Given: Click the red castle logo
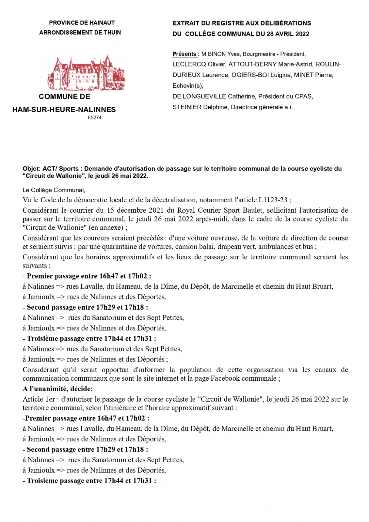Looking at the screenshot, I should point(86,73).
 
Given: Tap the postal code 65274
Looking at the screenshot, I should point(94,117).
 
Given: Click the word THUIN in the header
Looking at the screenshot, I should point(112,33).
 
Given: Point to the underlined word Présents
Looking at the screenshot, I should point(184,54).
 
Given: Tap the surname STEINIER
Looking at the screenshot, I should point(187,107).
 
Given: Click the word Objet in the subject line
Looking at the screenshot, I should point(31,169).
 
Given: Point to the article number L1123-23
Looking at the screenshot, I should point(273,200).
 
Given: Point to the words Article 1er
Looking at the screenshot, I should point(38,399).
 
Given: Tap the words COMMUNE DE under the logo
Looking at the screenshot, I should point(64,97).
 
